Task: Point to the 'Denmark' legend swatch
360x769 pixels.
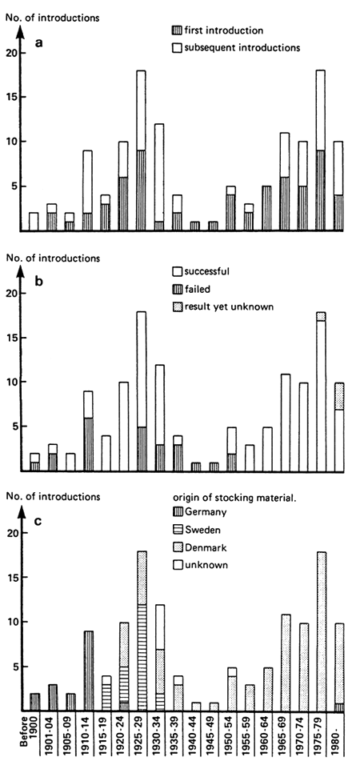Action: pyautogui.click(x=177, y=548)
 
